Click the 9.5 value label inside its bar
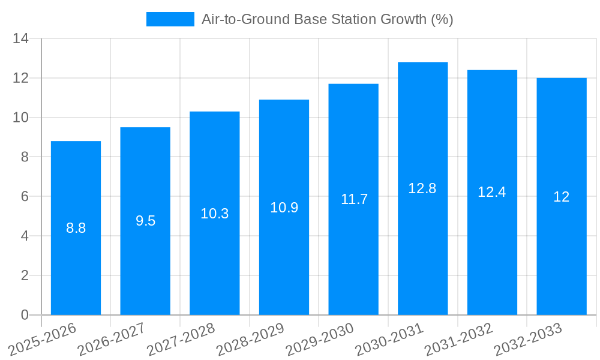coord(145,221)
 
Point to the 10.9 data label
coord(284,208)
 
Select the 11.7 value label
coord(354,200)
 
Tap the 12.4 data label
coord(492,192)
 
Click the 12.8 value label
coord(422,188)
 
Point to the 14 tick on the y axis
coord(21,39)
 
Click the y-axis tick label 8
coord(25,157)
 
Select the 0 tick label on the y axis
coord(25,315)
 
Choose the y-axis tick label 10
coord(21,118)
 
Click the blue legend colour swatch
coord(170,19)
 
